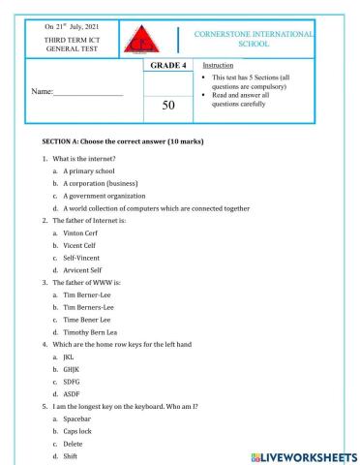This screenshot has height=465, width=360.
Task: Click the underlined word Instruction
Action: [214, 65]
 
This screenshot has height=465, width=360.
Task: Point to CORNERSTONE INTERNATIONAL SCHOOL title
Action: [255, 40]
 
